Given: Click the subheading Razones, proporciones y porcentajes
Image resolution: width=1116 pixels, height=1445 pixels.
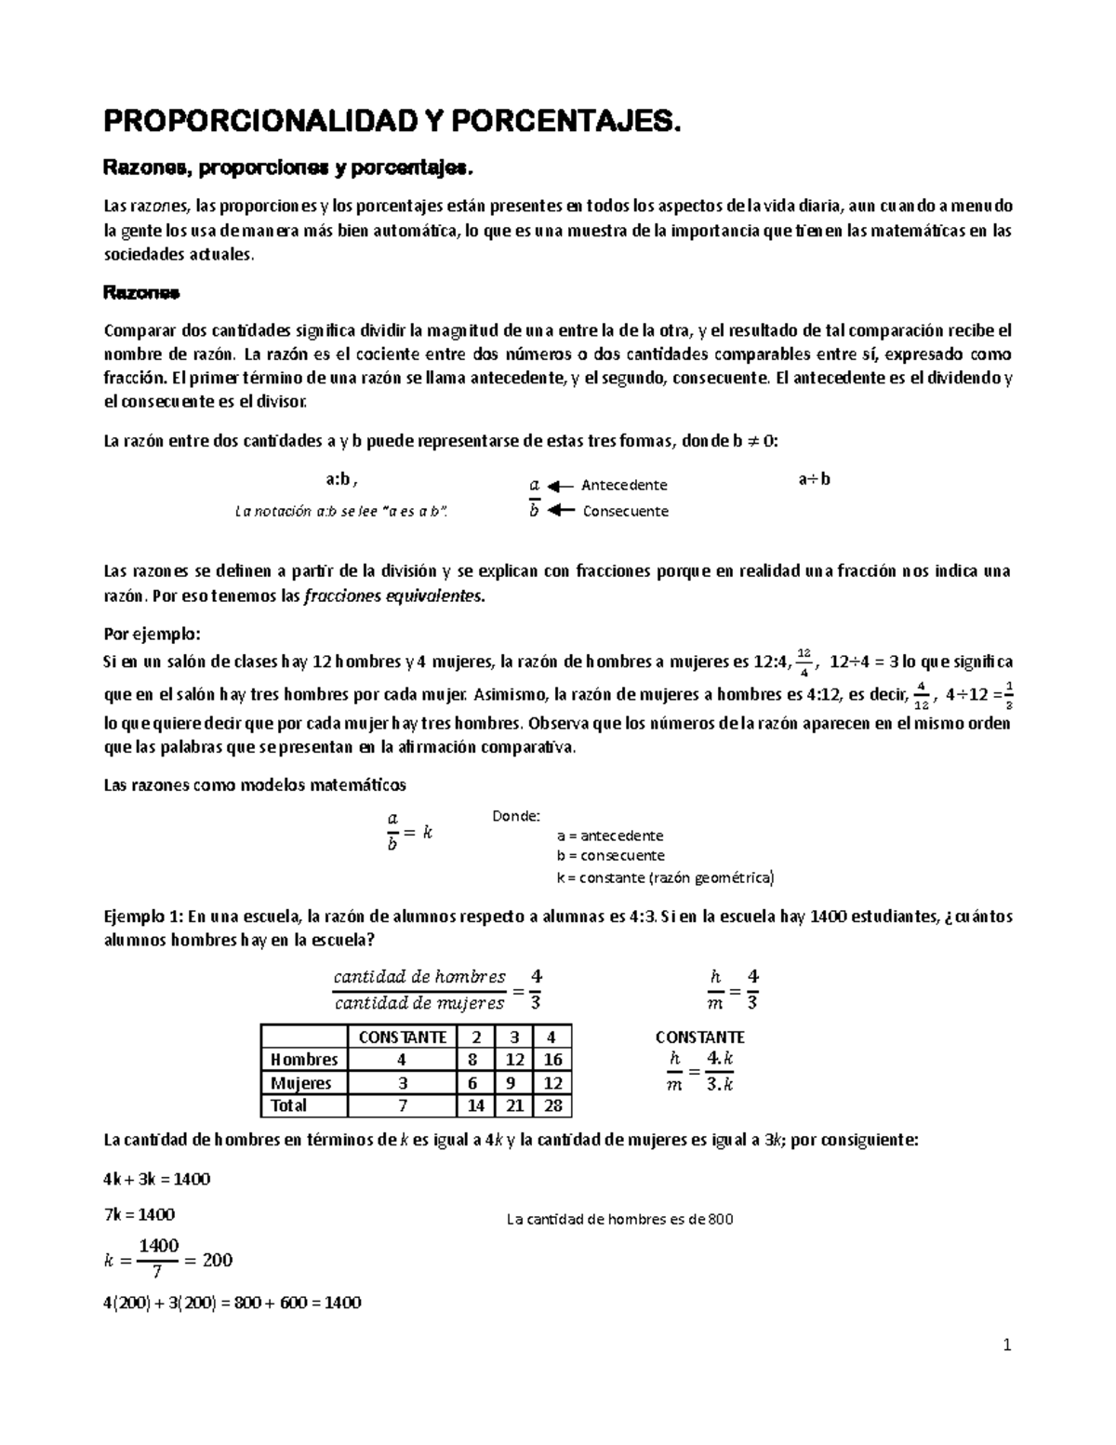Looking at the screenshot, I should tap(287, 167).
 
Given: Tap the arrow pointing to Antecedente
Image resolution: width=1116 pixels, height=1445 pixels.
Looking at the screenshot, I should tap(560, 486).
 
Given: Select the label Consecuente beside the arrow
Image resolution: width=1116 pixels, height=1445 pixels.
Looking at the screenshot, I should tap(625, 511).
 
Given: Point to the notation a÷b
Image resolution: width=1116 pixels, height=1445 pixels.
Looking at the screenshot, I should tap(814, 479).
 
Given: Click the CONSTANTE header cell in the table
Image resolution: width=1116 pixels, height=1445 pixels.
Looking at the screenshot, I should tap(402, 1037).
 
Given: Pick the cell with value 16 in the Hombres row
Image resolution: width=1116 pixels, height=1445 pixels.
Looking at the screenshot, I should tap(552, 1060).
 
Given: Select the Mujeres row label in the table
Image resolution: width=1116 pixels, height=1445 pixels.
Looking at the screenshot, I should tap(301, 1083).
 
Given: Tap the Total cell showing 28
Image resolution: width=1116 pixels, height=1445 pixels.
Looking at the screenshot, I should tap(552, 1106).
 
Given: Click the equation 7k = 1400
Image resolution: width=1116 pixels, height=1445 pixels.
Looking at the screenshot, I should tap(139, 1214).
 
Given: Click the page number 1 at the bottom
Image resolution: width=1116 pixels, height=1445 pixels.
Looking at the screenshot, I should tap(1006, 1345).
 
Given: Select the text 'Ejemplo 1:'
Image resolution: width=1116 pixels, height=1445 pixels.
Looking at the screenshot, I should tap(139, 917).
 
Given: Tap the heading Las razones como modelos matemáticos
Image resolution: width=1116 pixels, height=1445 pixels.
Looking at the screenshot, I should tap(254, 784).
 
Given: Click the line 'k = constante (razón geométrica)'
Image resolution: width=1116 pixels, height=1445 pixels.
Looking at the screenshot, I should tap(664, 877).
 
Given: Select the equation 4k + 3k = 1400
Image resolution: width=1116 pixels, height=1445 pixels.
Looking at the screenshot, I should tap(156, 1179).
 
